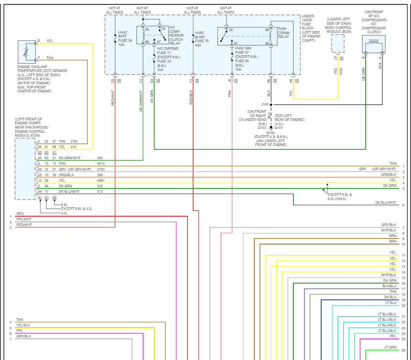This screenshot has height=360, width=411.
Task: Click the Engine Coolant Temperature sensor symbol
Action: pos(27,51)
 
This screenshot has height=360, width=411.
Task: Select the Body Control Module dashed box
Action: pos(337,43)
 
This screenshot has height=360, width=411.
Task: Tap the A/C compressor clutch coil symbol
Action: pos(374,44)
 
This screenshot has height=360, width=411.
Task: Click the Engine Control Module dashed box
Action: pos(25,169)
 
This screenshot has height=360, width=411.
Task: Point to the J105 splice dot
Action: pos(271,104)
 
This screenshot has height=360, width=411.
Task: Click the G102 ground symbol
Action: pos(271,128)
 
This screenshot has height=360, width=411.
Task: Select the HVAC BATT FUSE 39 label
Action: pos(125,39)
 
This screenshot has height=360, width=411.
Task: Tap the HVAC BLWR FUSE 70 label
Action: pos(201,39)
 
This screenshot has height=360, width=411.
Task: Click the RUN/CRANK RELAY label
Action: pos(284,32)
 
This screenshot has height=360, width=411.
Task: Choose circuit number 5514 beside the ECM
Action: pos(101,163)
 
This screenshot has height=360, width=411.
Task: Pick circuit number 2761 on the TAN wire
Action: pos(74,141)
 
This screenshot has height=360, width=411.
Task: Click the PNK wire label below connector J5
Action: pos(230,94)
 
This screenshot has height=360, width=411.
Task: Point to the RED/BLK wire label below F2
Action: pos(191,97)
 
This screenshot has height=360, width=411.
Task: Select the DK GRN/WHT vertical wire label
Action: pos(141,101)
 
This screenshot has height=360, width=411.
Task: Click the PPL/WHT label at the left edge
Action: pos(24,219)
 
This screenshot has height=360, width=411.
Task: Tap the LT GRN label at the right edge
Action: pos(390,347)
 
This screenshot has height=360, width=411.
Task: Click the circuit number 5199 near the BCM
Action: pos(341,71)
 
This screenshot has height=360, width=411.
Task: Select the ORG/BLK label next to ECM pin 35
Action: pos(66,175)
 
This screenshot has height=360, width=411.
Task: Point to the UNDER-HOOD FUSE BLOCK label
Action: pos(311,29)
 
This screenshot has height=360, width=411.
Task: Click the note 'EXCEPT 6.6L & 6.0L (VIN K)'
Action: pos(340,197)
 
